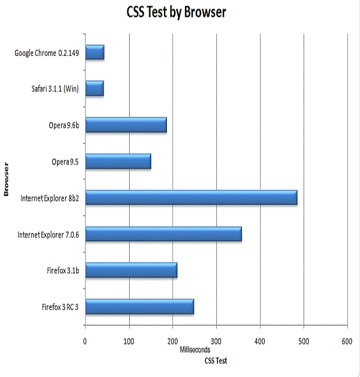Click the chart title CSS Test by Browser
[x=177, y=12]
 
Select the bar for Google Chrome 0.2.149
[x=95, y=53]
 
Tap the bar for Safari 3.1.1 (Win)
[x=94, y=89]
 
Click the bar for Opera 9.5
[x=118, y=161]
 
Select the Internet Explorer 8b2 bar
[x=191, y=198]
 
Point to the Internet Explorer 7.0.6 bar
[x=163, y=234]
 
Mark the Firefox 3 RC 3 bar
[x=140, y=306]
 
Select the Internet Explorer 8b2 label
[x=49, y=198]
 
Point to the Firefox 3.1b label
[x=63, y=271]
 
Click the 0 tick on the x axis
[x=85, y=341]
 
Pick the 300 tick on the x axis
[x=216, y=341]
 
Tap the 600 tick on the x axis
[x=347, y=341]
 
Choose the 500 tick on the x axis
[x=304, y=341]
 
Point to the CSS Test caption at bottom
[x=216, y=361]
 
